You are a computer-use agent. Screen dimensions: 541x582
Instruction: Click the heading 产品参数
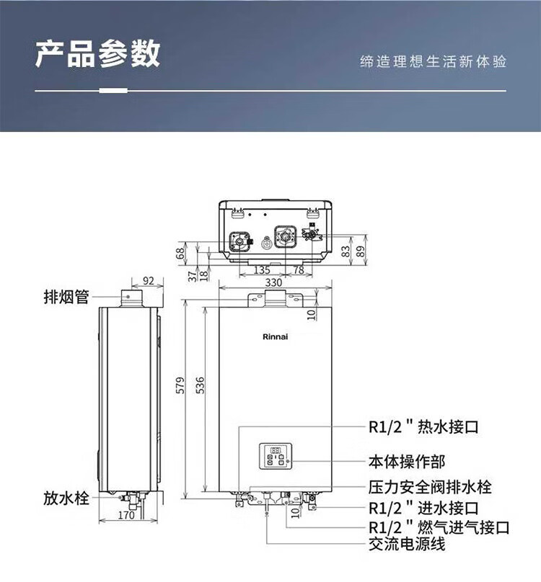point(98,54)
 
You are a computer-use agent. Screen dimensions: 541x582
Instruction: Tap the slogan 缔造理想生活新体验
point(434,62)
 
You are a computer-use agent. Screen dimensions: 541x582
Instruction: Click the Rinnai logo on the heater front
point(275,336)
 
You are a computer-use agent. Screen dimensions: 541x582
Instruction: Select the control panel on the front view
point(276,456)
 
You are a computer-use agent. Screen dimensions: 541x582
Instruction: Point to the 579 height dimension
point(180,385)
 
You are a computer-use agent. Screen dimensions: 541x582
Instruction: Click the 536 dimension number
point(200,385)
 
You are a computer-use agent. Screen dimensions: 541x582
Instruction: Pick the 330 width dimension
point(273,283)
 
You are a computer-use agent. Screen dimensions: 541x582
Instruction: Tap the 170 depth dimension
point(126,515)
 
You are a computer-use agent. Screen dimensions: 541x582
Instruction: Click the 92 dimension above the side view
point(148,281)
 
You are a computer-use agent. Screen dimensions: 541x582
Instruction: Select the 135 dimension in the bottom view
point(262,270)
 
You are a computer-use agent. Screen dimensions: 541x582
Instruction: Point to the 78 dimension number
point(299,270)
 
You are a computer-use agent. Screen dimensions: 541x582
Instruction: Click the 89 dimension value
point(360,251)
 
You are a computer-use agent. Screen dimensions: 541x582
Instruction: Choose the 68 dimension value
point(180,254)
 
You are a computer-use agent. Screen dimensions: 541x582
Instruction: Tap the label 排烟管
point(66,297)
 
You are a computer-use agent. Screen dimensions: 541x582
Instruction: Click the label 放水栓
point(66,498)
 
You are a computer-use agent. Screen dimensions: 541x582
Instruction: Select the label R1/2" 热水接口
point(423,427)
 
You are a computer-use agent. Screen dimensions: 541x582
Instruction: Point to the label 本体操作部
point(407,462)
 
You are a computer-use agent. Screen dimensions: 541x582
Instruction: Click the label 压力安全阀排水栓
point(430,487)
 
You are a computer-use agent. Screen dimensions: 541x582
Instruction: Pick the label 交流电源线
point(407,544)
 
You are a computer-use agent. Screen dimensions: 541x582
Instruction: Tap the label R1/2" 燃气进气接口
point(439,527)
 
